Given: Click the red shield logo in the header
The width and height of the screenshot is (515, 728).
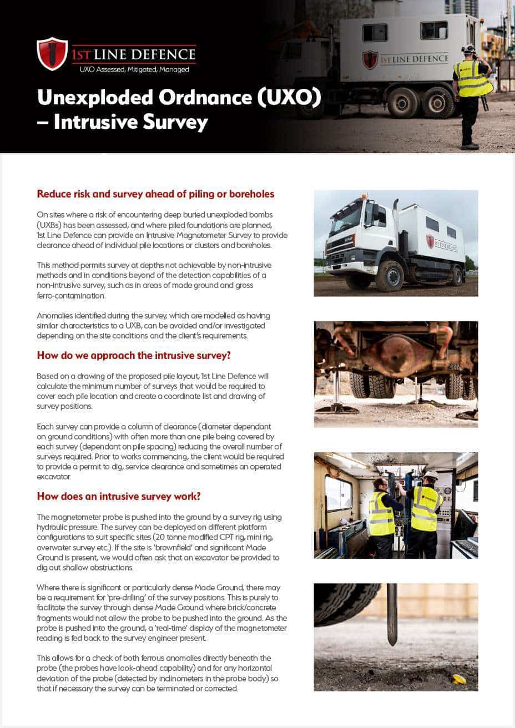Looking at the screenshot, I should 52,54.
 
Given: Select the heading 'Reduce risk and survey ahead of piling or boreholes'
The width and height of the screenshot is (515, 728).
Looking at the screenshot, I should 155,194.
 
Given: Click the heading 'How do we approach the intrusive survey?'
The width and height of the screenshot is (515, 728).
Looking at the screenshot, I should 134,355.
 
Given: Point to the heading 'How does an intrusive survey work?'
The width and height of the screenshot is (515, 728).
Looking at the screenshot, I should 119,496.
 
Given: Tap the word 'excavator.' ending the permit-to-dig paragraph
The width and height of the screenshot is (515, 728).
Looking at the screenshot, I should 54,477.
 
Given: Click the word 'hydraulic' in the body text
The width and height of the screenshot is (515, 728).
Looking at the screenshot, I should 52,527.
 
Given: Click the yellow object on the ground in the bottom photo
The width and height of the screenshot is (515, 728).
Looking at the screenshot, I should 459,679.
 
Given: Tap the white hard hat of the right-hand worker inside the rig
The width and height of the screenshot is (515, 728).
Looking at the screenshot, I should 430,475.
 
